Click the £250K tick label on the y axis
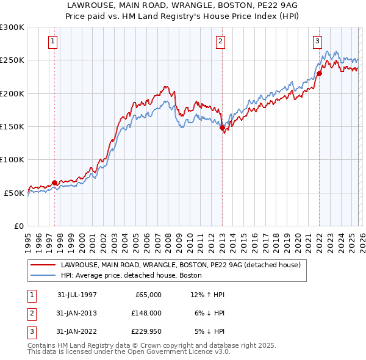pos(12,60)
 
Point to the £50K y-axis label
pos(14,193)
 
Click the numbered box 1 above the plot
pos(54,41)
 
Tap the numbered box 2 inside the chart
pos(220,41)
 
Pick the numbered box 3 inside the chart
pos(318,41)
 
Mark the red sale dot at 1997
pos(55,182)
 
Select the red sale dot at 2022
pos(319,74)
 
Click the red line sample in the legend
pos(43,265)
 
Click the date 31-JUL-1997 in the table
pos(77,295)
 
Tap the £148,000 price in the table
pos(146,313)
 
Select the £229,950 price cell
pos(146,331)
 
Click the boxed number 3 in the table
pos(30,331)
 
